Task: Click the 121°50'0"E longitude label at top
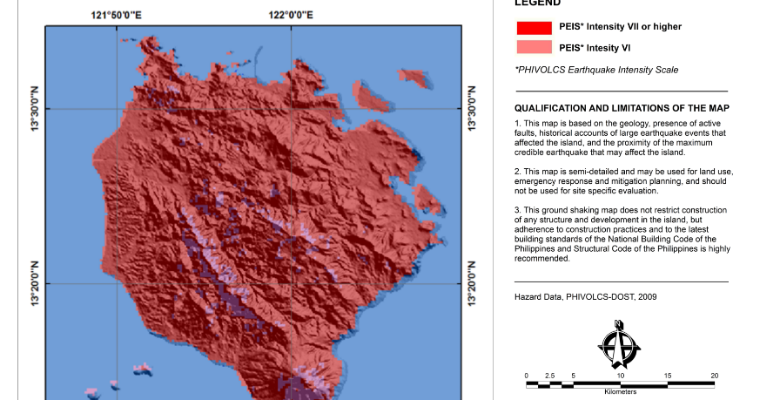click(x=118, y=14)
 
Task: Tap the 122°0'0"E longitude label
click(x=291, y=14)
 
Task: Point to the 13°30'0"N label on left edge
click(x=35, y=109)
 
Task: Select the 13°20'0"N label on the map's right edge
click(x=473, y=283)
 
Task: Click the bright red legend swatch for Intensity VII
click(x=534, y=27)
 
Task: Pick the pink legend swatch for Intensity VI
click(x=534, y=47)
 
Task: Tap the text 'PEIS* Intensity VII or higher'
click(x=620, y=27)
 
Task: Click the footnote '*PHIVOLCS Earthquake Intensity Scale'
click(x=596, y=70)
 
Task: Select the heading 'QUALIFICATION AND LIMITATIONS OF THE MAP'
click(x=622, y=108)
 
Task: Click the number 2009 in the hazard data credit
click(x=647, y=297)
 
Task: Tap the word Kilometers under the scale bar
click(x=620, y=392)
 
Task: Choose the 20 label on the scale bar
click(x=714, y=376)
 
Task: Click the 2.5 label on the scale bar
click(x=549, y=376)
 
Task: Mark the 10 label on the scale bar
click(x=620, y=376)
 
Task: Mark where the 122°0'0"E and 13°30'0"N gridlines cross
click(x=291, y=109)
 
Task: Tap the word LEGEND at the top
click(x=538, y=3)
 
